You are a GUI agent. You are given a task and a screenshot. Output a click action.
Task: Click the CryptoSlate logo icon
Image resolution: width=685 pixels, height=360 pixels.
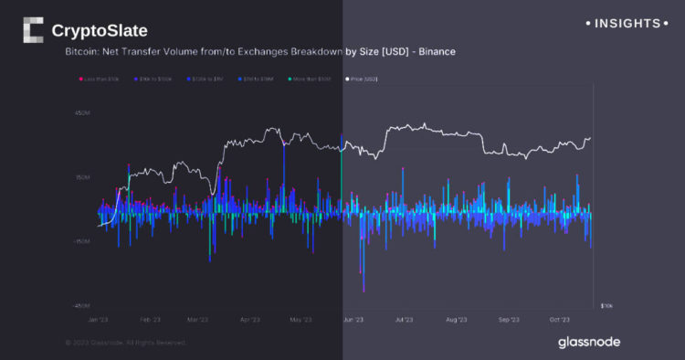click(x=34, y=30)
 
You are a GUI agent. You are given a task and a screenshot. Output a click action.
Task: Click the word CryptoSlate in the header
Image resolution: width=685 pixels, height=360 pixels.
click(x=100, y=31)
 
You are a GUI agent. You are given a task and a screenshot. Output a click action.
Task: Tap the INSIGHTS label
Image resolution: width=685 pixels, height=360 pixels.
click(x=627, y=22)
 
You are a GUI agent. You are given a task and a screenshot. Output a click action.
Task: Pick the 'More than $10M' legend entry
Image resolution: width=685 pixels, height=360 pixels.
click(x=314, y=79)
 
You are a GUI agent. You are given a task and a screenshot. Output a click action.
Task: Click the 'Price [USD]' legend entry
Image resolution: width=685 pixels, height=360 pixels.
click(x=361, y=79)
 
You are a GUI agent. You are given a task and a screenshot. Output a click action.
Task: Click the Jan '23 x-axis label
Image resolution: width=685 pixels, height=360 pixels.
click(x=100, y=320)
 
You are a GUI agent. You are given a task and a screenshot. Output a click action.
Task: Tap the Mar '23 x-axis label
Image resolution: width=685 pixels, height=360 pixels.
click(x=197, y=320)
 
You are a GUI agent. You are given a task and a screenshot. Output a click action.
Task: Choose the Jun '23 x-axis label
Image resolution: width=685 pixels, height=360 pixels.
click(x=353, y=320)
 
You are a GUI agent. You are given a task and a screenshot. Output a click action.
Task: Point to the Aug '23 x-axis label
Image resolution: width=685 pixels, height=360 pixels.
click(x=456, y=320)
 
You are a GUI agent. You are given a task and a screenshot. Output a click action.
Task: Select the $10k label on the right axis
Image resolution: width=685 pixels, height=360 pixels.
click(x=606, y=304)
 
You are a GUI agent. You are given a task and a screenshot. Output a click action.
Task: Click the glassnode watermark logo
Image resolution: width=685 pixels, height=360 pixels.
click(x=589, y=342)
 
